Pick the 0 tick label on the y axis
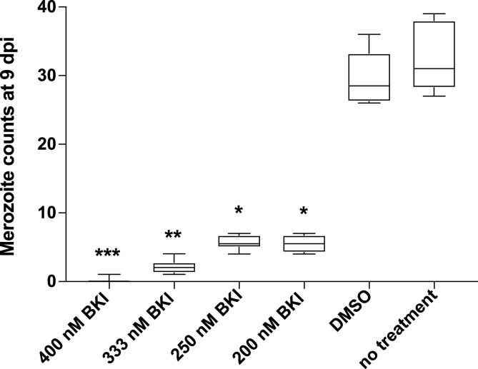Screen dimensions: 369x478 (54, 281)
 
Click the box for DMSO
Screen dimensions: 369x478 (369, 77)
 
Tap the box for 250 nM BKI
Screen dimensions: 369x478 (239, 241)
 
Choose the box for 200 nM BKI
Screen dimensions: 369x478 (304, 243)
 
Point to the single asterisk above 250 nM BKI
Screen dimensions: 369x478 (239, 211)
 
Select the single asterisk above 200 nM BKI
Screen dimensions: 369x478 (304, 212)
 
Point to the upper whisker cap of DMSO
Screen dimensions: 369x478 (369, 34)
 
